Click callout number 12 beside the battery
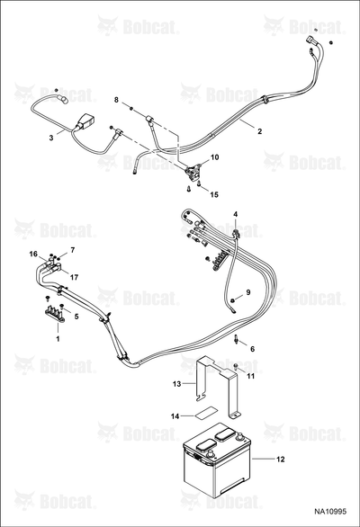click(x=281, y=460)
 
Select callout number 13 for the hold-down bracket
click(x=177, y=383)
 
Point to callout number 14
click(x=175, y=416)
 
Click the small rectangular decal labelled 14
click(x=204, y=411)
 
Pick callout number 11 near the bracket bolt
click(x=251, y=376)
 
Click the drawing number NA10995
click(x=330, y=512)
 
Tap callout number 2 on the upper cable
click(x=259, y=131)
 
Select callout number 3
click(x=51, y=138)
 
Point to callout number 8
click(x=116, y=100)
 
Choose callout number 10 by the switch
click(x=215, y=157)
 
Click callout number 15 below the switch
click(x=214, y=194)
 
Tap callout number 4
click(x=236, y=214)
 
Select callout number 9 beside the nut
click(x=248, y=292)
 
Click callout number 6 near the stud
click(x=252, y=349)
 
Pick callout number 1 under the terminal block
click(x=58, y=338)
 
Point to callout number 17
click(x=74, y=277)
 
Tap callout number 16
click(x=33, y=255)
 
